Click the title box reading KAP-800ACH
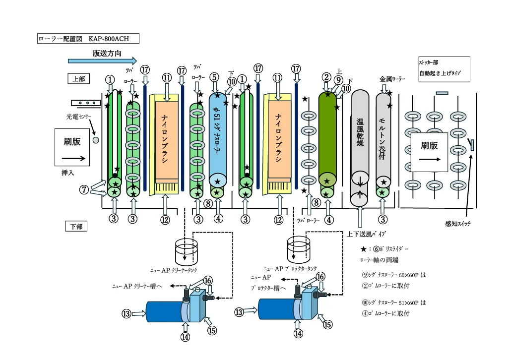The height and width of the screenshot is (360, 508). point(88,39)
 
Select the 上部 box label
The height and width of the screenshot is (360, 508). point(77,78)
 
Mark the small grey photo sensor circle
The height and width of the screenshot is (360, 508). point(96,140)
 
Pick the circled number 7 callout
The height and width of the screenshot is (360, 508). point(85,189)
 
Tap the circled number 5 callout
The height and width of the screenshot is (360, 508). point(214,77)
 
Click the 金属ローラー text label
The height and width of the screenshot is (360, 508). point(392,79)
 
